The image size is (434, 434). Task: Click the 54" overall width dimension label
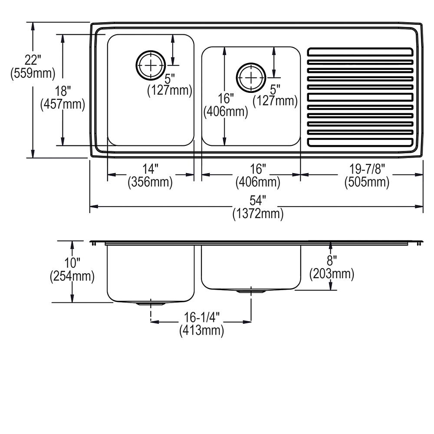(257, 201)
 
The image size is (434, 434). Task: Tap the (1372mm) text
(257, 214)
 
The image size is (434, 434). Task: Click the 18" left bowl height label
(63, 91)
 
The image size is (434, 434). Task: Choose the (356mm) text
(150, 182)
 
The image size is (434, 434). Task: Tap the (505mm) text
(367, 182)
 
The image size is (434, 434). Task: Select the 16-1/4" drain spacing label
(201, 318)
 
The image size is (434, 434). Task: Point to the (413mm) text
(201, 331)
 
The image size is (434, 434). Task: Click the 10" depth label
(72, 263)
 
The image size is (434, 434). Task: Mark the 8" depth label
(331, 260)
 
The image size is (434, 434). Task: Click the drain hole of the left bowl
(150, 66)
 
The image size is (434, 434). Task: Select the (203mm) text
(331, 274)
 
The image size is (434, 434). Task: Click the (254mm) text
(72, 276)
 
